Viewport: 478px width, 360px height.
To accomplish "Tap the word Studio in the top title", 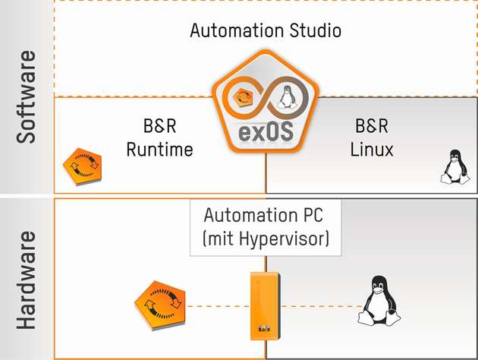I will click(x=313, y=31).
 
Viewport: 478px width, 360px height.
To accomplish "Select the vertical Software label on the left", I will click(x=27, y=97).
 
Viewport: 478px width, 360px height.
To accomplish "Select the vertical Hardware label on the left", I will click(x=27, y=279).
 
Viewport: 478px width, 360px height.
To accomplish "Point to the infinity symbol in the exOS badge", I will click(x=266, y=98).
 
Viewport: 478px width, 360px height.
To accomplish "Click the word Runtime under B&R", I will click(x=159, y=150).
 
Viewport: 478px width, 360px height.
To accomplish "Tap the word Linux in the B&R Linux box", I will click(x=372, y=150).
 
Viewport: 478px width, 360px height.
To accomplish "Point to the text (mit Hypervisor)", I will click(x=266, y=239).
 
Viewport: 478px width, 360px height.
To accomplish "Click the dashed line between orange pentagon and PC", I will click(x=220, y=307).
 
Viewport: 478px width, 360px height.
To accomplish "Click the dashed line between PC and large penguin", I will click(x=319, y=307).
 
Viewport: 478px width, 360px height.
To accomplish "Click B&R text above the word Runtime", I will click(x=159, y=126).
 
